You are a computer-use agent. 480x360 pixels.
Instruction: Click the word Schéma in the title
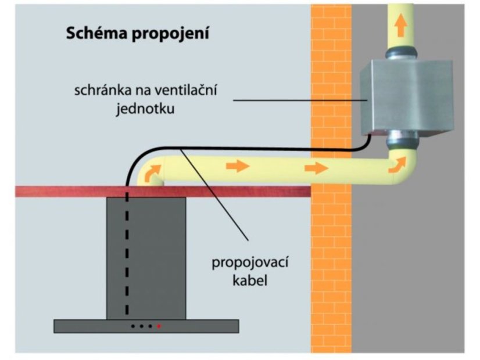pyautogui.click(x=89, y=33)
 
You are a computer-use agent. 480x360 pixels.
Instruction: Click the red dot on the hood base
pyautogui.click(x=159, y=326)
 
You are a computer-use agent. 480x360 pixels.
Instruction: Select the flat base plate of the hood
pyautogui.click(x=146, y=326)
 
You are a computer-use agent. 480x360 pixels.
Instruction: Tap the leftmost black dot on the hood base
pyautogui.click(x=132, y=326)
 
